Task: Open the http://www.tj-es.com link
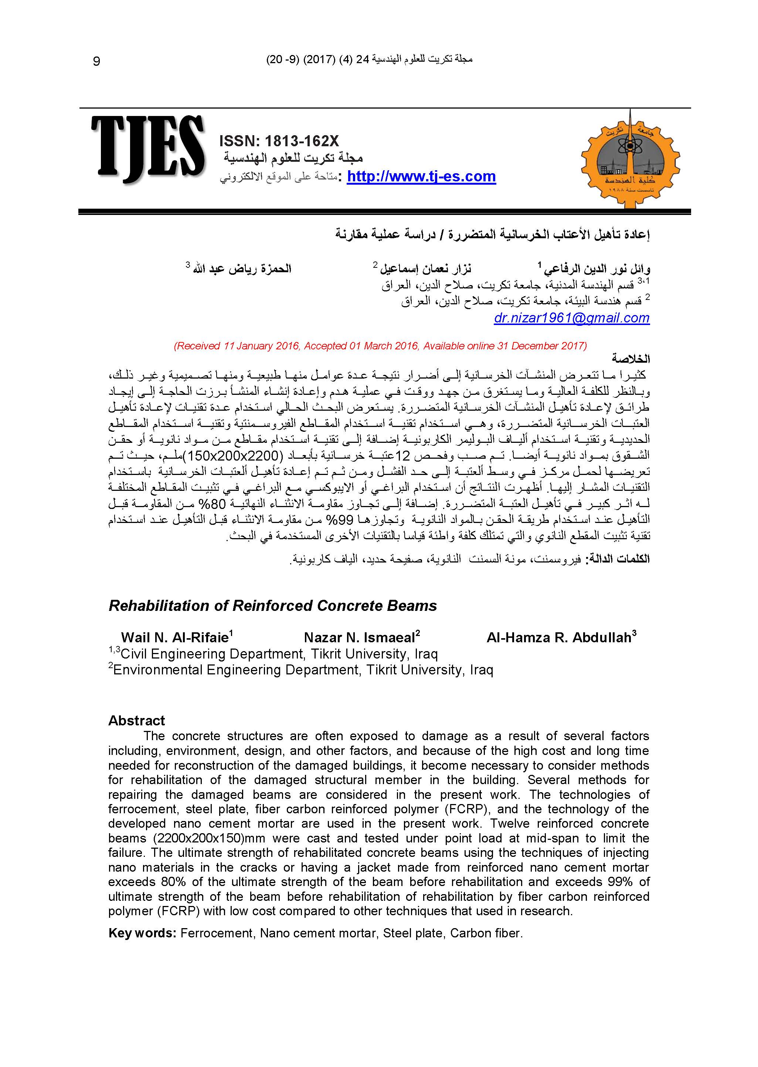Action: pos(421,177)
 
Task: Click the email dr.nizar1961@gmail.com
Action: pos(571,318)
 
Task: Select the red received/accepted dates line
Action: pos(380,346)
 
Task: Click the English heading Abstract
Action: pos(136,721)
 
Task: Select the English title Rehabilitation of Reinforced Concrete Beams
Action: pos(273,605)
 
